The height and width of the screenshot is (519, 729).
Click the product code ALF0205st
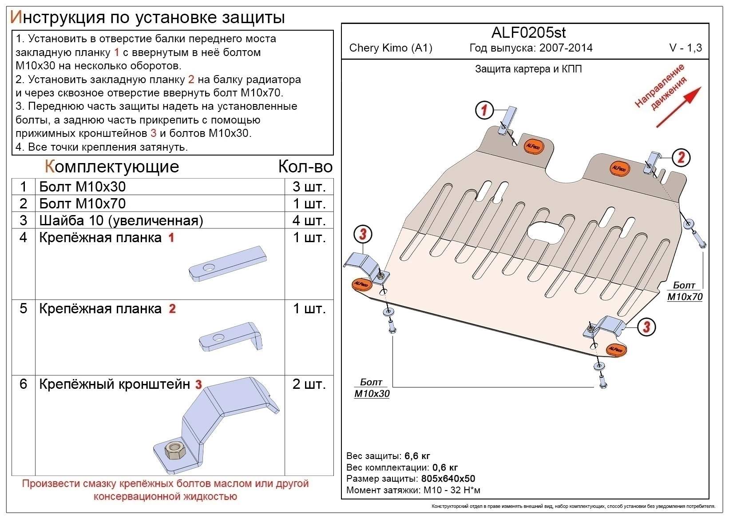coord(528,33)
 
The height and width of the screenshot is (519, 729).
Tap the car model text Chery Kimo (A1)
coord(391,48)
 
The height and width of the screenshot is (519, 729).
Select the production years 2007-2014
coord(566,48)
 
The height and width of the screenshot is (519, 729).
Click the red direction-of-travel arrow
coord(678,107)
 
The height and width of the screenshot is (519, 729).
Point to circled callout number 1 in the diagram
coord(484,110)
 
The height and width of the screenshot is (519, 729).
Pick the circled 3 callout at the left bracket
coord(363,234)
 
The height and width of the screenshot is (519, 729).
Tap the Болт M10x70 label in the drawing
coord(685,291)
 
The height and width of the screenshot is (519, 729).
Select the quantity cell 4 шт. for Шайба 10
coord(309,220)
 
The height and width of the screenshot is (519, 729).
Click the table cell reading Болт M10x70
coord(83,204)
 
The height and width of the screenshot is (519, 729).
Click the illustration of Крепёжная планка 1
coord(227,264)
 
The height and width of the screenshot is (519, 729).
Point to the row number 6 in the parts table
coord(24,384)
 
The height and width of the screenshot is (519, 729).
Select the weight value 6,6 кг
coord(417,456)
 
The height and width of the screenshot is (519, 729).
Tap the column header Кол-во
coord(305,167)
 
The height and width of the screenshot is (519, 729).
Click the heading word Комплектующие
coord(112,167)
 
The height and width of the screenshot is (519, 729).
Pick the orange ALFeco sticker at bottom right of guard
coord(616,350)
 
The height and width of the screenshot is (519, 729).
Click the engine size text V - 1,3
coord(685,48)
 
